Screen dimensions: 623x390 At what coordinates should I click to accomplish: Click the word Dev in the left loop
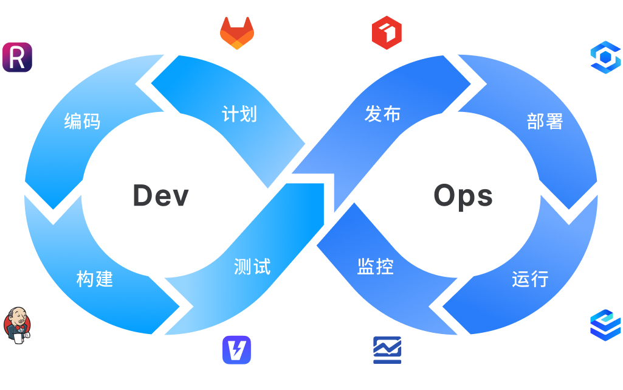(x=161, y=195)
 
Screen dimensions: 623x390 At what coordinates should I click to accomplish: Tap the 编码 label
(x=82, y=121)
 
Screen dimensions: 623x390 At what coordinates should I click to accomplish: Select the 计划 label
(x=239, y=114)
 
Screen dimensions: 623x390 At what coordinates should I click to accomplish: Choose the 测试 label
(x=252, y=266)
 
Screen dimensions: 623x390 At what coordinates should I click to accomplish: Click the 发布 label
(x=383, y=114)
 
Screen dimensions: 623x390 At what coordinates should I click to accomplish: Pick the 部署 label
(x=545, y=121)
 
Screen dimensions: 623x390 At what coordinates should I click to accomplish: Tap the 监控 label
(x=375, y=266)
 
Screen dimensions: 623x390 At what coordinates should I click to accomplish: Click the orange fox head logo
(x=237, y=33)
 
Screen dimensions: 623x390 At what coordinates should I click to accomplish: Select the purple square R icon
(x=17, y=57)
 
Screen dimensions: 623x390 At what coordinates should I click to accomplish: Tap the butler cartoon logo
(x=16, y=325)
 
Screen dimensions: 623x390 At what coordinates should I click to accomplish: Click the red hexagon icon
(x=387, y=33)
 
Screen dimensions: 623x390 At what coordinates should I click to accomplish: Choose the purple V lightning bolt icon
(x=237, y=350)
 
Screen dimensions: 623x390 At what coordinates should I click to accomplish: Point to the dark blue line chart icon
(x=387, y=350)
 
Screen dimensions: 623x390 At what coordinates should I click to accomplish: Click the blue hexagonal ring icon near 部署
(x=605, y=57)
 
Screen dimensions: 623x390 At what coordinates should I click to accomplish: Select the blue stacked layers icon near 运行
(x=605, y=325)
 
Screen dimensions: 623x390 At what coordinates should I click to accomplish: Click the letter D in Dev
(x=143, y=195)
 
